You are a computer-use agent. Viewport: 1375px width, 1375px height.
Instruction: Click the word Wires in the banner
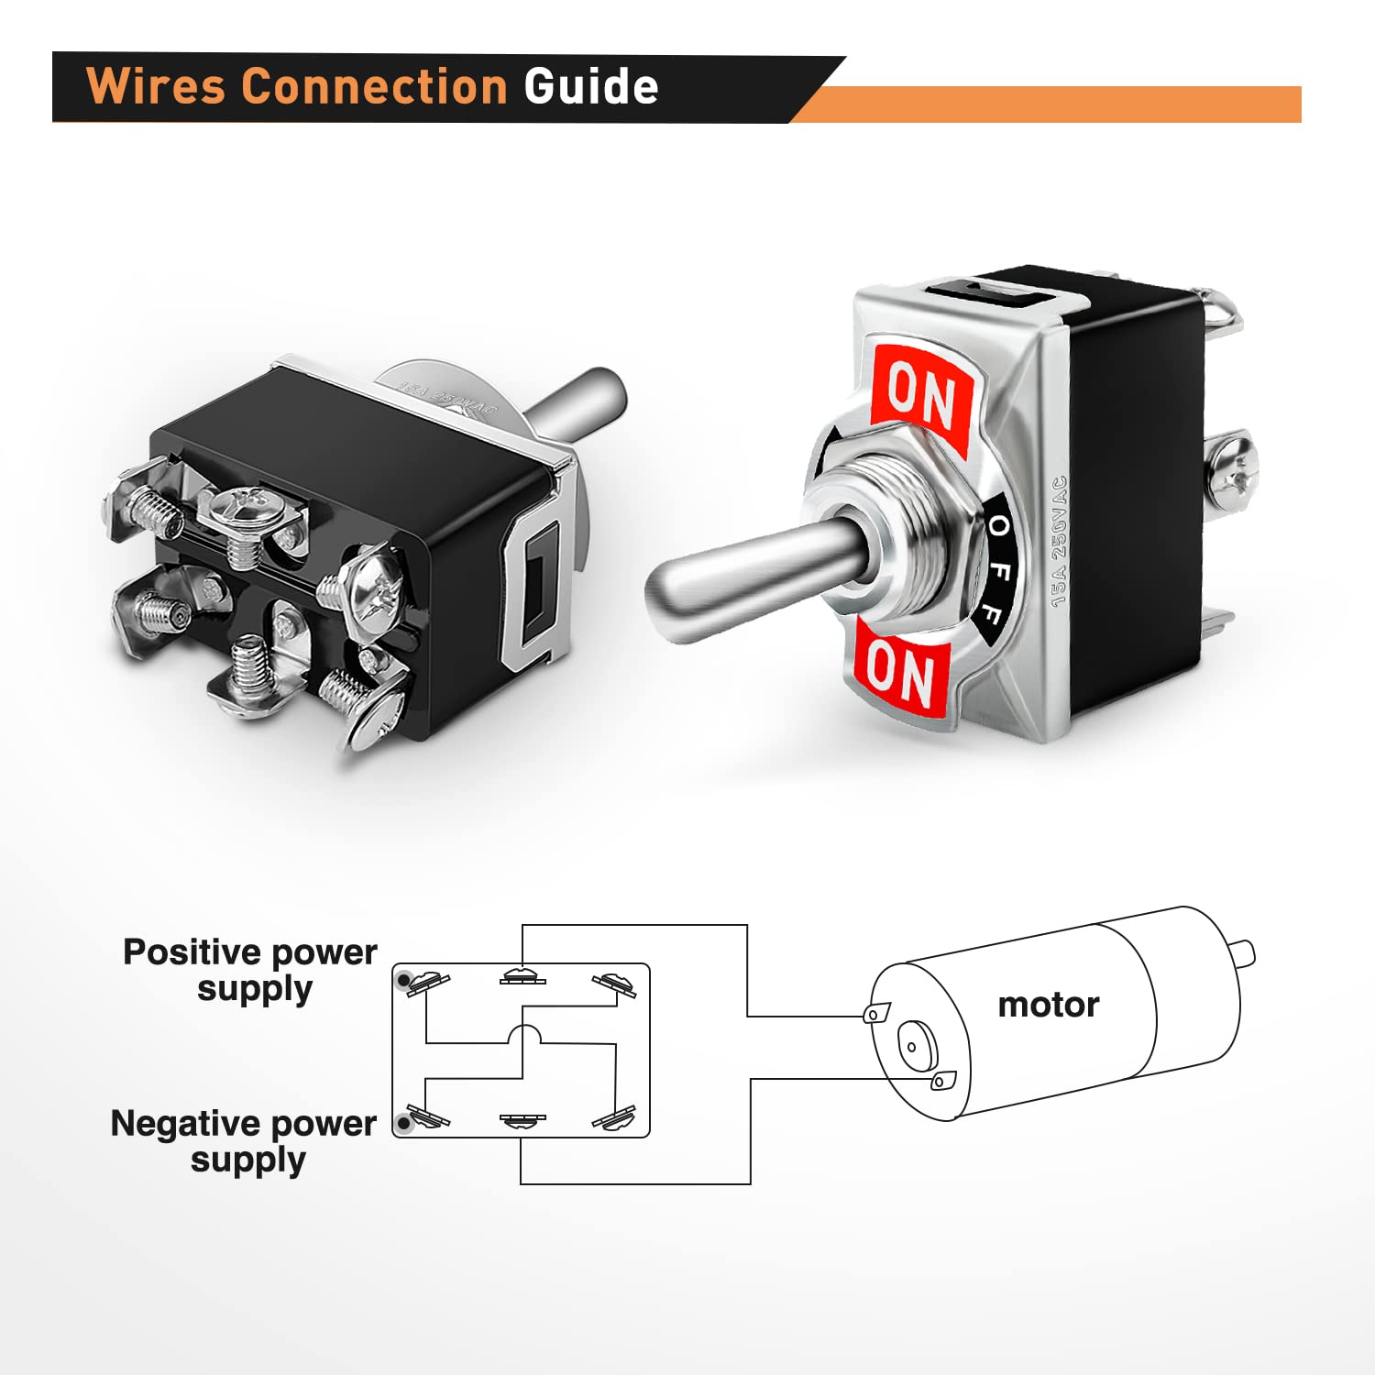tap(156, 87)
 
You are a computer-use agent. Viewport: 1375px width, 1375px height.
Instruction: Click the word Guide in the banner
tap(591, 87)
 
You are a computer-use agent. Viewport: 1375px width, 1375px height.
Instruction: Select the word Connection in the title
tap(375, 87)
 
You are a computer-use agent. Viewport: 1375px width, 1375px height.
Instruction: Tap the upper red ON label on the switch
tap(921, 396)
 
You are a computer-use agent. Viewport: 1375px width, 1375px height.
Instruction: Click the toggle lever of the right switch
tap(752, 573)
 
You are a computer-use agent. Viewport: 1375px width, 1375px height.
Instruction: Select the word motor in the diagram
tap(1048, 1005)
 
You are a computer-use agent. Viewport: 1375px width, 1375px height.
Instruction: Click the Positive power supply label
tap(250, 970)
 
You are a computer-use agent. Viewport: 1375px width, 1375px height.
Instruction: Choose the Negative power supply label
tap(244, 1141)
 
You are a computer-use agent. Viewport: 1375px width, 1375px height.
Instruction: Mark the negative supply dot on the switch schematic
tap(403, 1123)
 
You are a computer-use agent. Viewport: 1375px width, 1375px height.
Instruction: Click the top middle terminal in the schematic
tap(522, 977)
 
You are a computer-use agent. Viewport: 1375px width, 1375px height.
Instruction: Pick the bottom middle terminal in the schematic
tap(522, 1120)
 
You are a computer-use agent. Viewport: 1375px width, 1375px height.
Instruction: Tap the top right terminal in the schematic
tap(614, 984)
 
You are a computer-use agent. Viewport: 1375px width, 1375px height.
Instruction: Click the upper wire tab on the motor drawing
tap(876, 1013)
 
